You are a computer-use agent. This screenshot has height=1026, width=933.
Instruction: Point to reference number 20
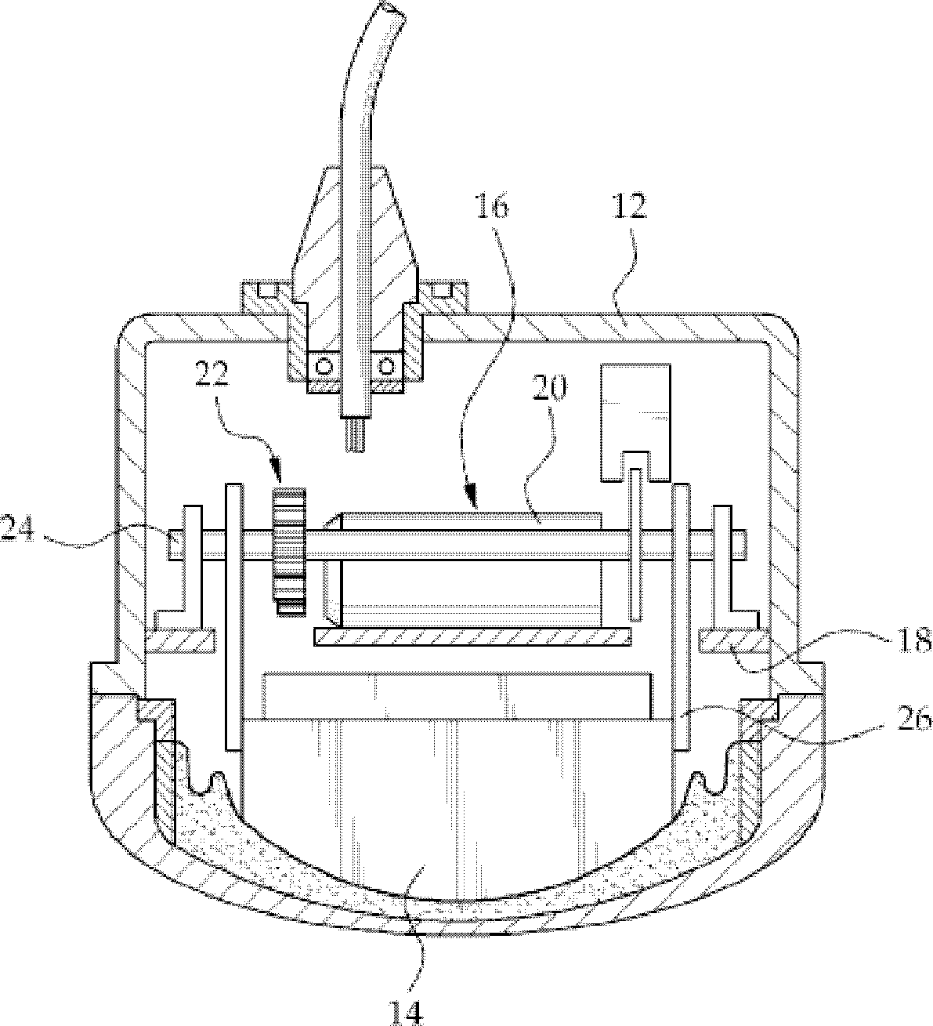550,390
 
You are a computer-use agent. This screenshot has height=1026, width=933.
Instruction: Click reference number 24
17,531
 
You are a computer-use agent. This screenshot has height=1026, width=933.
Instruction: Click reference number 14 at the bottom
407,1011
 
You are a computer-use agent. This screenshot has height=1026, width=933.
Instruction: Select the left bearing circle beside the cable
323,366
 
